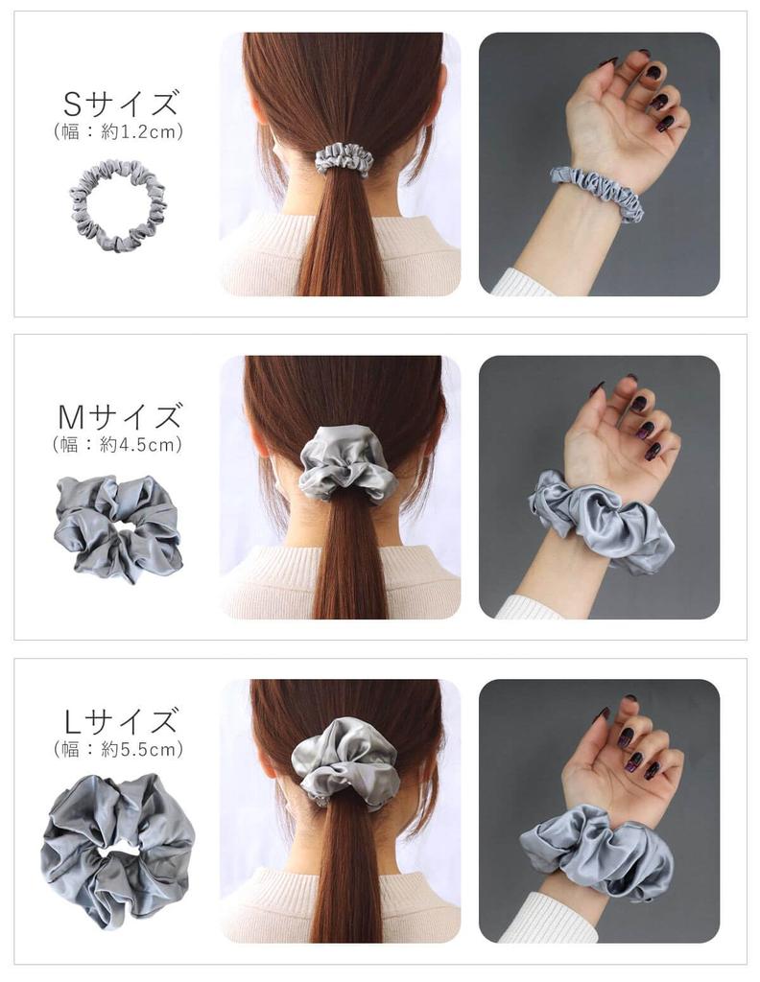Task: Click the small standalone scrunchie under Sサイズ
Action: pyautogui.click(x=117, y=204)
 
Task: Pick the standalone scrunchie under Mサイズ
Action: pyautogui.click(x=117, y=526)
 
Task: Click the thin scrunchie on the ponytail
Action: pyautogui.click(x=344, y=158)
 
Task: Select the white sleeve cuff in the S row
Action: pyautogui.click(x=523, y=283)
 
